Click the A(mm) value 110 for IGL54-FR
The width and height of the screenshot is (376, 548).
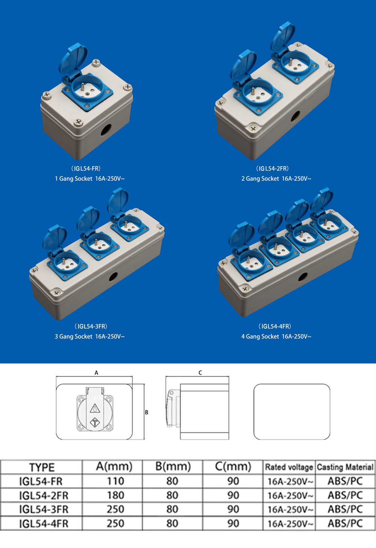116,481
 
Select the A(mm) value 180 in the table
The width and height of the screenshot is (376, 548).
116,495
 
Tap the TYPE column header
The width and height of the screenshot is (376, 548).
42,467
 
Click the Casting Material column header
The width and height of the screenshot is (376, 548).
345,467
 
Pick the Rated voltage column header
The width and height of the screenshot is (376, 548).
289,467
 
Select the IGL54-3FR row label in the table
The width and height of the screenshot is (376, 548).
44,510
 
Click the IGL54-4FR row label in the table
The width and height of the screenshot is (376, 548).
44,524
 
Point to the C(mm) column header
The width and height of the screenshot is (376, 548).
233,467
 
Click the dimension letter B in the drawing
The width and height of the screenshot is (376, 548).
147,412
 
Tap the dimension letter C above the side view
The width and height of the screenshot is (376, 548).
200,373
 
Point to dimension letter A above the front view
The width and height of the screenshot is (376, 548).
96,373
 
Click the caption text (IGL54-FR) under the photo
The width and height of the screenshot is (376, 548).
86,168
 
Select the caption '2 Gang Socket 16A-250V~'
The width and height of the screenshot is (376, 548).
276,178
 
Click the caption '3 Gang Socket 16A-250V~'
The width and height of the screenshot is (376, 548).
90,336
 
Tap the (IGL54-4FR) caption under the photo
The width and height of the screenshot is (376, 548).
275,326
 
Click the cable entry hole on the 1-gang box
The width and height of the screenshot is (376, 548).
106,129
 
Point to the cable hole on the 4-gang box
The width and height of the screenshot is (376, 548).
303,277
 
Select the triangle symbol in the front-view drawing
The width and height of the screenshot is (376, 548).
95,408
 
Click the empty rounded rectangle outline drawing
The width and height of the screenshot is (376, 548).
254,411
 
